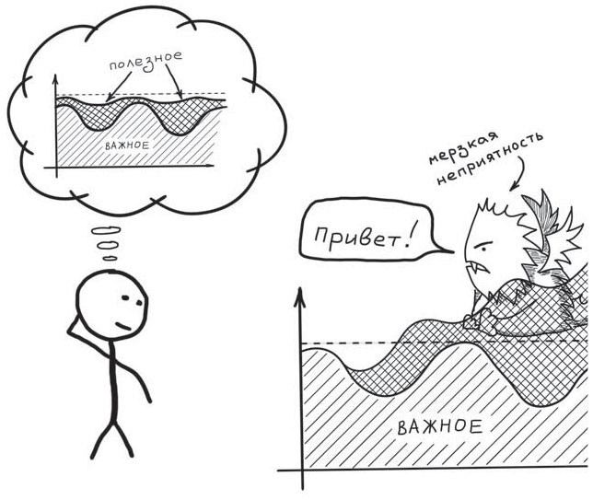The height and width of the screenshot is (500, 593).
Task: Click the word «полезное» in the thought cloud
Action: pos(146,62)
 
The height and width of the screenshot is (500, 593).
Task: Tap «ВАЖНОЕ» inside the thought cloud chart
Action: pos(127,145)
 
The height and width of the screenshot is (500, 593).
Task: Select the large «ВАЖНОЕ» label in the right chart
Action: pos(440,427)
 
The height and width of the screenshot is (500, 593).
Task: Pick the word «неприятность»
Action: pos(491,158)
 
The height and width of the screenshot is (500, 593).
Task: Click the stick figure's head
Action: pos(111,305)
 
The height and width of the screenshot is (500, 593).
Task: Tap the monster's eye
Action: pos(483,249)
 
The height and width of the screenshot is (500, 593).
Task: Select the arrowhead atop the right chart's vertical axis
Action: pos(299,297)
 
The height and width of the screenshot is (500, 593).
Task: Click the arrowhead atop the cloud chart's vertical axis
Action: pos(55,80)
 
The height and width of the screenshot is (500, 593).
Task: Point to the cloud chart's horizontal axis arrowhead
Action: pos(210,165)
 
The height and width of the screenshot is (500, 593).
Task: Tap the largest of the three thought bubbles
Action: pos(106,230)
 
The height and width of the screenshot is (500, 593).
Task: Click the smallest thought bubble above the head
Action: pos(110,259)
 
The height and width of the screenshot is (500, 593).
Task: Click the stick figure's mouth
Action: pos(122,326)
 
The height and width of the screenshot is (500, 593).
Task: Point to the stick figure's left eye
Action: pos(125,298)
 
